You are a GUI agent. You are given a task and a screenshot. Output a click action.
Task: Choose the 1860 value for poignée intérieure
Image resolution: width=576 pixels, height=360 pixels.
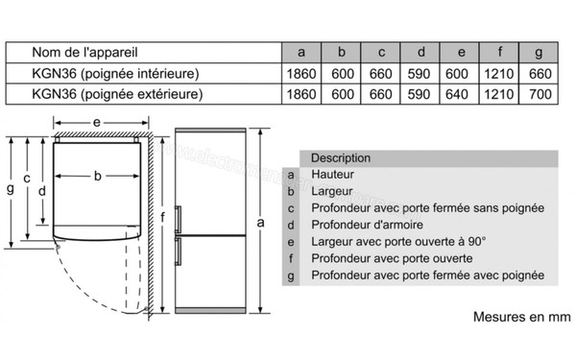[x=301, y=72]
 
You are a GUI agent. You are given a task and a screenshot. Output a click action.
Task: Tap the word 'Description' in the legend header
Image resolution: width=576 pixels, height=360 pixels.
[x=341, y=157]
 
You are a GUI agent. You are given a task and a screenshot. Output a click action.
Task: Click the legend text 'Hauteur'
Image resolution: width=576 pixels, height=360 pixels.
[x=333, y=174]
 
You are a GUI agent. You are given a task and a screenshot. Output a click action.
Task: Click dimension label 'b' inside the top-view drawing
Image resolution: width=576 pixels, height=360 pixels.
[x=98, y=177]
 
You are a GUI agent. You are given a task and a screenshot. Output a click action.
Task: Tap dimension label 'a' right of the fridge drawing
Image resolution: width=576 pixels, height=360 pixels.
[x=260, y=223]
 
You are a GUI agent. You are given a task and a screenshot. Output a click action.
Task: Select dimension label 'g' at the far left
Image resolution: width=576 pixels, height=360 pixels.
[x=10, y=188]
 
